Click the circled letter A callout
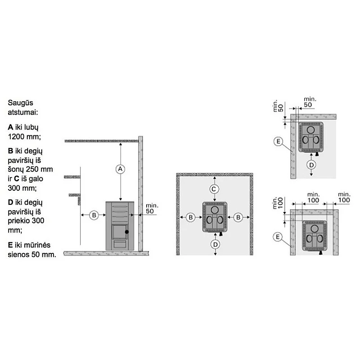tap(120, 169)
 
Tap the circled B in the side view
tap(94, 216)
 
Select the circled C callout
tap(214, 189)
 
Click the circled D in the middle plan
tap(216, 244)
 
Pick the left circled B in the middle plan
tap(190, 217)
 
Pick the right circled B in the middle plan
tap(238, 217)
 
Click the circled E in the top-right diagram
tap(279, 141)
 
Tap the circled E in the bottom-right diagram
tap(278, 237)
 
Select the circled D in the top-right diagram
tap(311, 165)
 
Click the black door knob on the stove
tap(127, 232)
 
